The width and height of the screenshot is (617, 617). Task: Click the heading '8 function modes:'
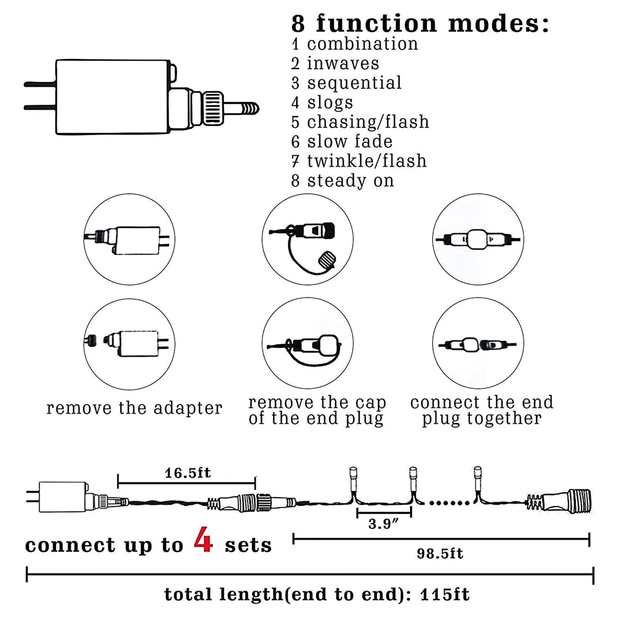click(420, 23)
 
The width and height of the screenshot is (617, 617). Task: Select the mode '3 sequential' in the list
click(347, 83)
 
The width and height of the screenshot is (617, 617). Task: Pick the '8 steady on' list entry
click(343, 180)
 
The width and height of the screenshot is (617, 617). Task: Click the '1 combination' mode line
click(355, 44)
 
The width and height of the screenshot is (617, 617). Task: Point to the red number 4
click(203, 542)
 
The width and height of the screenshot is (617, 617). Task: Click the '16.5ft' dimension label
click(188, 473)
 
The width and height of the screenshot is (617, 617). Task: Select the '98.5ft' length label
click(440, 553)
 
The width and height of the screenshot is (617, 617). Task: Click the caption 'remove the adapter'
click(134, 408)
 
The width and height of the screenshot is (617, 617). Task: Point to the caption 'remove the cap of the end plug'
click(317, 411)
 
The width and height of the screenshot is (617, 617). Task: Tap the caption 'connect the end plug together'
click(481, 411)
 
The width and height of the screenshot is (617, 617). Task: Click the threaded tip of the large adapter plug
click(249, 108)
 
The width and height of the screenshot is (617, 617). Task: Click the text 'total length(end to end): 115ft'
click(317, 594)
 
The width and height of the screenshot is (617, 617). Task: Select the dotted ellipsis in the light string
click(450, 503)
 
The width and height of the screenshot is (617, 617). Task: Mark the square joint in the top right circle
click(477, 239)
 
